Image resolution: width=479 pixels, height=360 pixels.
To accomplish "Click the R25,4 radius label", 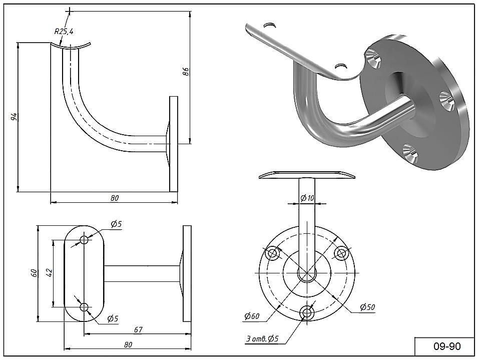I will (x=64, y=32).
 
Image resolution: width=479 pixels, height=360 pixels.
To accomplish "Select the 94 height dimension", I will (x=15, y=117).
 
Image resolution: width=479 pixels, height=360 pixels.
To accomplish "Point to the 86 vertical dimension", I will (x=185, y=72).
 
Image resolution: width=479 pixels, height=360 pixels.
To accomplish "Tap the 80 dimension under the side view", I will (x=115, y=198).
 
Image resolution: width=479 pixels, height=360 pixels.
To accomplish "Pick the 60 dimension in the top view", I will (x=34, y=273).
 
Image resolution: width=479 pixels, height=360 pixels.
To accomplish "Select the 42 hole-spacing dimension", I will (x=49, y=273).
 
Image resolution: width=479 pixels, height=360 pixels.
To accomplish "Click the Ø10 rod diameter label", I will (x=307, y=198).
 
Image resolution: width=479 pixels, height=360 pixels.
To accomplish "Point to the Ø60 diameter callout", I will (x=251, y=316).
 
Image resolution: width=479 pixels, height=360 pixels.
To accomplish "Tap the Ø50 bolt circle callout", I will (x=367, y=307).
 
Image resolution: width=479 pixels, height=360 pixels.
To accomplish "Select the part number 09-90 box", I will (x=444, y=346).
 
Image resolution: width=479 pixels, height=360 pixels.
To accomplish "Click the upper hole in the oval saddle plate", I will (x=84, y=240).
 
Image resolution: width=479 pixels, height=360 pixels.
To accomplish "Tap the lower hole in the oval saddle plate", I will (x=84, y=306).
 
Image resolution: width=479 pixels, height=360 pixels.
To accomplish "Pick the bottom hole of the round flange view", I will (x=306, y=312).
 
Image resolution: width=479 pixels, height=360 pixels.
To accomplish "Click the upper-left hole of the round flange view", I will (x=273, y=253).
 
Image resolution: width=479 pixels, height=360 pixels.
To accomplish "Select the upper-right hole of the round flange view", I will (x=341, y=253).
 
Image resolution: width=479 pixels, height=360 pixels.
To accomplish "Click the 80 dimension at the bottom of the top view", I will (x=128, y=344).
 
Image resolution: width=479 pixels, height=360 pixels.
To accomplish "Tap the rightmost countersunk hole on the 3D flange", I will (x=447, y=99).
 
